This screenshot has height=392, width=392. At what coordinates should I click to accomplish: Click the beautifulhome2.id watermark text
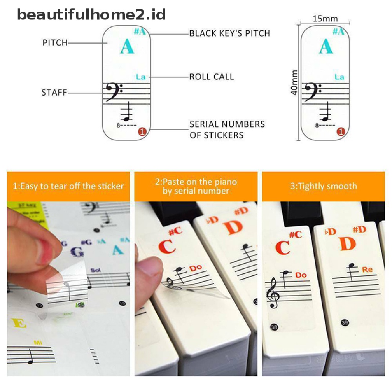point(91,15)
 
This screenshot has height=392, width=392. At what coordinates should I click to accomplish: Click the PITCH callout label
point(55,43)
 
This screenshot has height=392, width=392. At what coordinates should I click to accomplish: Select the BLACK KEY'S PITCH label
point(230,33)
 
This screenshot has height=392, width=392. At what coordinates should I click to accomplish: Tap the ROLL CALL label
point(212,77)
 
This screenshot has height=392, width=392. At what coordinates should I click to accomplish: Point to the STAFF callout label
point(54,93)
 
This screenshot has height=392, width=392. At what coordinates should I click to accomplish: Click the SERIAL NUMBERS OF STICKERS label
point(227,129)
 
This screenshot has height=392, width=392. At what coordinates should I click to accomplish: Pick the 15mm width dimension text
point(325,19)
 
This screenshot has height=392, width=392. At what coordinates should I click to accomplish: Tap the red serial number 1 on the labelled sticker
point(142,132)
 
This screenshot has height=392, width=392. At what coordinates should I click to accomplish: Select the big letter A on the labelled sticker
point(127,47)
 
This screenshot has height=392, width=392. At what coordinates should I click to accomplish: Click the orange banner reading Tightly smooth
point(323,186)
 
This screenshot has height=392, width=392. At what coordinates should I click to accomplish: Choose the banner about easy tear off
point(69,186)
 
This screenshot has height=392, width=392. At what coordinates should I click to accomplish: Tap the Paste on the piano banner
point(196,186)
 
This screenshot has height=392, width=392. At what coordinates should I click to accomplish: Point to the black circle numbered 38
point(274,327)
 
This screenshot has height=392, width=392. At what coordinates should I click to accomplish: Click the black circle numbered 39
point(345,323)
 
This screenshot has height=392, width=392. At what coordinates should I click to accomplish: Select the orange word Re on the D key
point(367,269)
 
